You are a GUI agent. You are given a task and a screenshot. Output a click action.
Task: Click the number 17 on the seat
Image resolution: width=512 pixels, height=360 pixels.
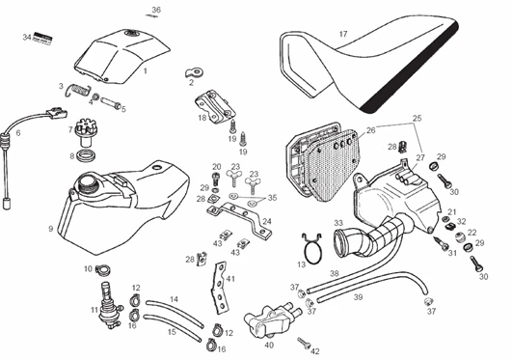click(x=343, y=34)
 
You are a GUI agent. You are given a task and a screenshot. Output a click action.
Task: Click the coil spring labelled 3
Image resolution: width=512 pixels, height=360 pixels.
click(x=78, y=90)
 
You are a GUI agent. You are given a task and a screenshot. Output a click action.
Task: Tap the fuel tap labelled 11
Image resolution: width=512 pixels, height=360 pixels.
click(x=109, y=305)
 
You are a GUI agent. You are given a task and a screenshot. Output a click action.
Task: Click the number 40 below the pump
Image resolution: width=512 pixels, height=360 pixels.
click(x=269, y=345)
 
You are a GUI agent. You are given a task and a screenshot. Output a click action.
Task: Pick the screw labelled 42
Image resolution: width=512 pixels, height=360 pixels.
click(x=304, y=343)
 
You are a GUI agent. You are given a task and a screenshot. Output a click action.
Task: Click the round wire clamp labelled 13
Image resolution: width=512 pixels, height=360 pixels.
click(x=312, y=248)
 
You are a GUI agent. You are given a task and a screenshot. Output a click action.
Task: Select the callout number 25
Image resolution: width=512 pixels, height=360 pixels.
click(x=417, y=119)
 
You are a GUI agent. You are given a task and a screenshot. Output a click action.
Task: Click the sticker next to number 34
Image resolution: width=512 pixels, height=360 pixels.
click(x=42, y=40)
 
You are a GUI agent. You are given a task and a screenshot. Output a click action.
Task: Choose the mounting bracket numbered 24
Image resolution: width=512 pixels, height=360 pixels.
click(x=240, y=218)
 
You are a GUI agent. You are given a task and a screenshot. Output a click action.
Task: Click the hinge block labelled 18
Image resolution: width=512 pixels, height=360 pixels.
click(x=216, y=106)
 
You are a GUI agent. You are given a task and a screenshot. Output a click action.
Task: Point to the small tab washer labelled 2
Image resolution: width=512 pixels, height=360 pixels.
click(x=194, y=72)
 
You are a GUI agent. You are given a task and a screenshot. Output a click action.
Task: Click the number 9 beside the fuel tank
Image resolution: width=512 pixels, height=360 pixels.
click(x=50, y=229)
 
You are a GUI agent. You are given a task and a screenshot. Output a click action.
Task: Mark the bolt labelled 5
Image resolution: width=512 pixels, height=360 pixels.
click(x=111, y=103)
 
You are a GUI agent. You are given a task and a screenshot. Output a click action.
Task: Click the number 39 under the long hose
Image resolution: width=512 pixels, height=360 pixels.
click(x=358, y=297)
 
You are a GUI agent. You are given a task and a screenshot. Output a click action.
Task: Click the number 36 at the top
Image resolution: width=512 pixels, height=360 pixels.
click(x=156, y=10)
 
